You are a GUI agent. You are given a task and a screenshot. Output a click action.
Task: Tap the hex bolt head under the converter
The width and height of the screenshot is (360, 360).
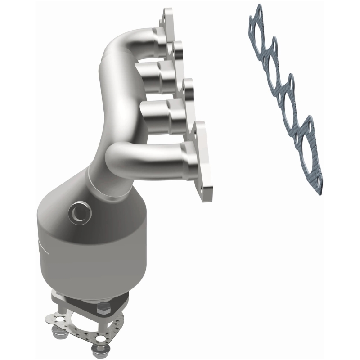coord(102,310)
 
